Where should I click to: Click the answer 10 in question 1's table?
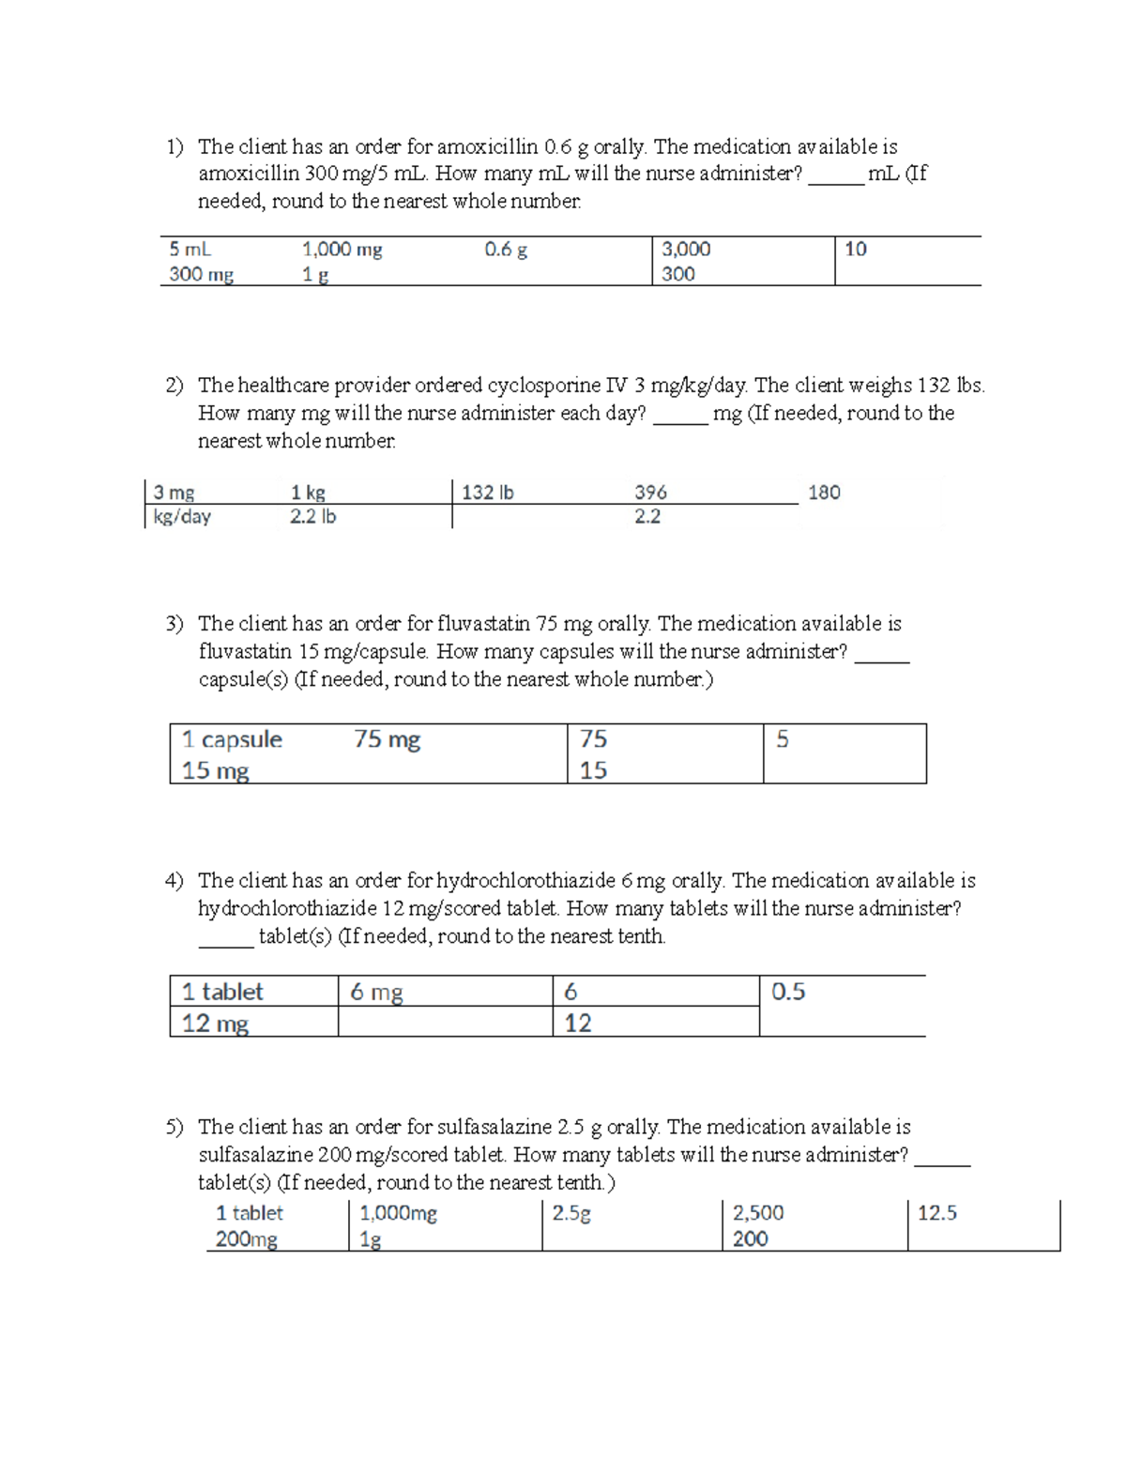pos(855,250)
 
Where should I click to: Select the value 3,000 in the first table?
pos(686,250)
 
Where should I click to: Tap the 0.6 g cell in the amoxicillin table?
pos(506,250)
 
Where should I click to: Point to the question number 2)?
pos(175,386)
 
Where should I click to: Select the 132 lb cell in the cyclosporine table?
pos(487,493)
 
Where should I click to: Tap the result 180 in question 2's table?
pos(824,493)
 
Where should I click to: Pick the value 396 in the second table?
pos(650,493)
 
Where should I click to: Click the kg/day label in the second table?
pos(182,517)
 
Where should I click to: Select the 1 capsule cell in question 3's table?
pos(232,739)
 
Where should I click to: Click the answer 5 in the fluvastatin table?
pos(783,739)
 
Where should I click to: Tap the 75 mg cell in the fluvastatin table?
pos(387,739)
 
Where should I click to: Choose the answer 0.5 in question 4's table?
pos(788,992)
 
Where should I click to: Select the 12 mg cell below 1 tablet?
pos(215,1023)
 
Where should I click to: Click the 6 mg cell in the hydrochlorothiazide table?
pos(376,992)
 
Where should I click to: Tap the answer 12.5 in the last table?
pos(936,1213)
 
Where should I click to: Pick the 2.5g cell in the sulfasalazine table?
pos(571,1213)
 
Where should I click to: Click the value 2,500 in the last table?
pos(758,1213)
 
